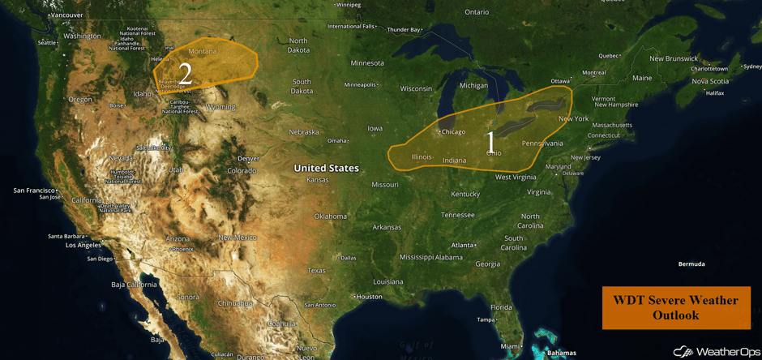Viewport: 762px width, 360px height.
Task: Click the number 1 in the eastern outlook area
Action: [x=490, y=143]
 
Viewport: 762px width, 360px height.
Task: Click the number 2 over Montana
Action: [x=185, y=74]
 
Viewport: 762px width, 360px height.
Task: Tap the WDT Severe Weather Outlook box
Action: [x=675, y=307]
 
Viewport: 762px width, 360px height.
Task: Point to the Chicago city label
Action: [x=452, y=131]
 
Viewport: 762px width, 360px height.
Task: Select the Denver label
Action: [x=248, y=158]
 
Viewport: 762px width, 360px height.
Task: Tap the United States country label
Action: [x=326, y=168]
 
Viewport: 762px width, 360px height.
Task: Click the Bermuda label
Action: [x=691, y=264]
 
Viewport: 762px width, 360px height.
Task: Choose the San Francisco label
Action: [x=35, y=191]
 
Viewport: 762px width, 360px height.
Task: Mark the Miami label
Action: [x=509, y=346]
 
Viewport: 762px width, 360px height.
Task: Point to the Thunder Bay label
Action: [x=404, y=30]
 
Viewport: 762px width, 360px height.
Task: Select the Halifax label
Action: [x=714, y=93]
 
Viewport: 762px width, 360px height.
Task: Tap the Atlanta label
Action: [x=463, y=245]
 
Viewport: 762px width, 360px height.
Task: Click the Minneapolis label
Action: [x=360, y=84]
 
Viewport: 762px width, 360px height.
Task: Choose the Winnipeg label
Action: [x=348, y=5]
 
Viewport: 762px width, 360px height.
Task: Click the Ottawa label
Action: [x=559, y=81]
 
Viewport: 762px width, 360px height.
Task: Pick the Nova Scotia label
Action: [x=710, y=81]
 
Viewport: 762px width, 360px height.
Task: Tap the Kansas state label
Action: [x=318, y=179]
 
